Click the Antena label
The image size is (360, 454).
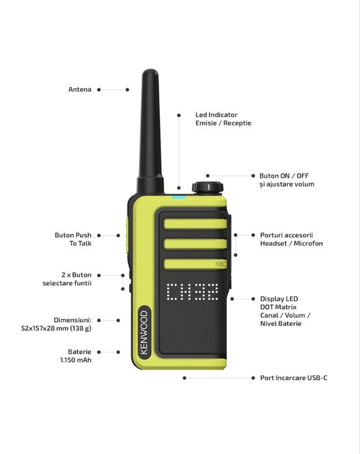click(80, 90)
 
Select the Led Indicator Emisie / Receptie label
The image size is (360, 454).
click(223, 119)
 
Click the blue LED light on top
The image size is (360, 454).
click(179, 193)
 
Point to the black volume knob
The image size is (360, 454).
click(206, 186)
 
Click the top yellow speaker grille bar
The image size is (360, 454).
click(194, 224)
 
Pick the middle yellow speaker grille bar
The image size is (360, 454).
click(194, 244)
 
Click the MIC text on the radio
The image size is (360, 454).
click(221, 264)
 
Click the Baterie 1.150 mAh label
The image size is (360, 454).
click(75, 355)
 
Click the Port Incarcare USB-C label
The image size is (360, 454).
click(289, 377)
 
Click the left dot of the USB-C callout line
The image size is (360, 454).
click(185, 377)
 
